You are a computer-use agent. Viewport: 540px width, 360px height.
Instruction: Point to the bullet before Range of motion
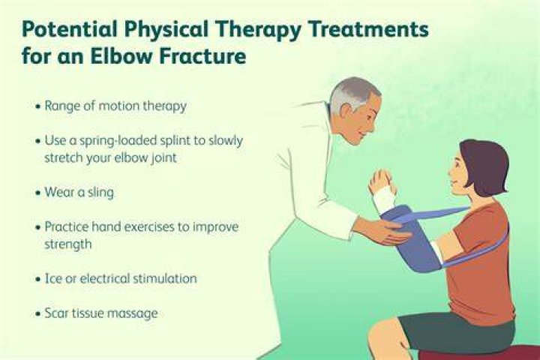coord(38,106)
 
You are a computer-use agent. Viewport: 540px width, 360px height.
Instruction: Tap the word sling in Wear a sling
coord(100,193)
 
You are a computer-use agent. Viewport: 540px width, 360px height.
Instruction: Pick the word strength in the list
coord(68,244)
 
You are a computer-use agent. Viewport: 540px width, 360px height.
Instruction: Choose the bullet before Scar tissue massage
coord(38,313)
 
